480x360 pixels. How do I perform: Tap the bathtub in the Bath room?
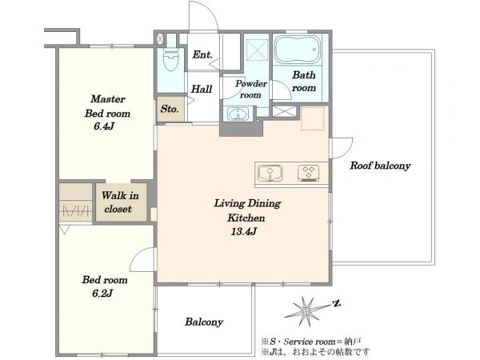pos(297,50)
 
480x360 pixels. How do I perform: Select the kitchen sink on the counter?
pos(270,174)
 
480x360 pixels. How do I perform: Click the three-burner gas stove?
pos(309,173)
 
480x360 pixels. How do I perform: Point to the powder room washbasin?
pos(238,114)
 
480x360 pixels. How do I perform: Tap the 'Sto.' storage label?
pos(170,108)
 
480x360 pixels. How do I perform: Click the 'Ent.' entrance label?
pos(202,54)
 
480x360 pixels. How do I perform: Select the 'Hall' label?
pos(202,89)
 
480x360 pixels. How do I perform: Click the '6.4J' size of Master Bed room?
pos(104,126)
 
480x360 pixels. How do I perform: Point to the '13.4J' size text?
pos(244,231)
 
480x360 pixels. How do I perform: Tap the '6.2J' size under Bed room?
pos(102,294)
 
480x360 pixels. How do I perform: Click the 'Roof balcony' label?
pos(380,166)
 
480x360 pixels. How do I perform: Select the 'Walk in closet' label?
pos(120,202)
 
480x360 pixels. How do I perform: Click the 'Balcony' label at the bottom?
pos(204,322)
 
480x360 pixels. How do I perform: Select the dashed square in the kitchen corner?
pos(313,118)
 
